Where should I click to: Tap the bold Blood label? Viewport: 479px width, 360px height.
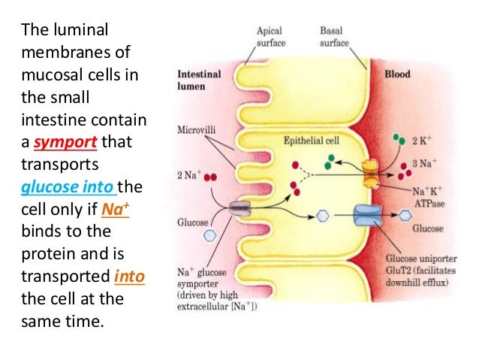coord(398,75)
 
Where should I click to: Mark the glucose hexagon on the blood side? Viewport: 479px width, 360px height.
coord(406,215)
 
